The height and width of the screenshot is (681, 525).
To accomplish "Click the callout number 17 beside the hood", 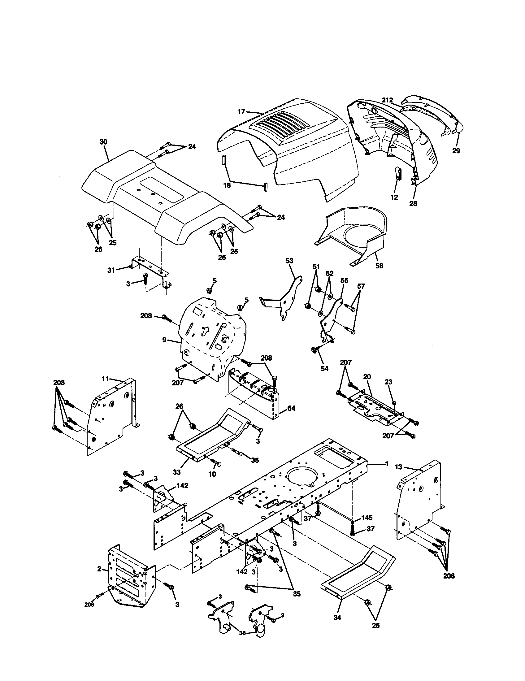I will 242,111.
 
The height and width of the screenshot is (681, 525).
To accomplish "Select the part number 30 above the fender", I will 103,142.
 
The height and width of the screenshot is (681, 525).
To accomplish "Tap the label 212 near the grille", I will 388,100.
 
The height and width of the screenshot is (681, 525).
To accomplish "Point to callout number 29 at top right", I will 456,151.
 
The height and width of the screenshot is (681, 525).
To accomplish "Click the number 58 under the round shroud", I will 380,266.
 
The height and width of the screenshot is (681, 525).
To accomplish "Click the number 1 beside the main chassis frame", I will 387,473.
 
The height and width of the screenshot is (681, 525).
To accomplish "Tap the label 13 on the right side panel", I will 399,476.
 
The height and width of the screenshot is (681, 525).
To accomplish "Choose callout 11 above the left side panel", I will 105,379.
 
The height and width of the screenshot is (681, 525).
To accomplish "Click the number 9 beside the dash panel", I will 164,340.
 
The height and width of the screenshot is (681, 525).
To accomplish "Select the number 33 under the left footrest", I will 177,472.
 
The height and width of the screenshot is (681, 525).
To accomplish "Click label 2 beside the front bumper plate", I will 99,569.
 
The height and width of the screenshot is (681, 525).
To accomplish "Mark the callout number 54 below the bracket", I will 324,369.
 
